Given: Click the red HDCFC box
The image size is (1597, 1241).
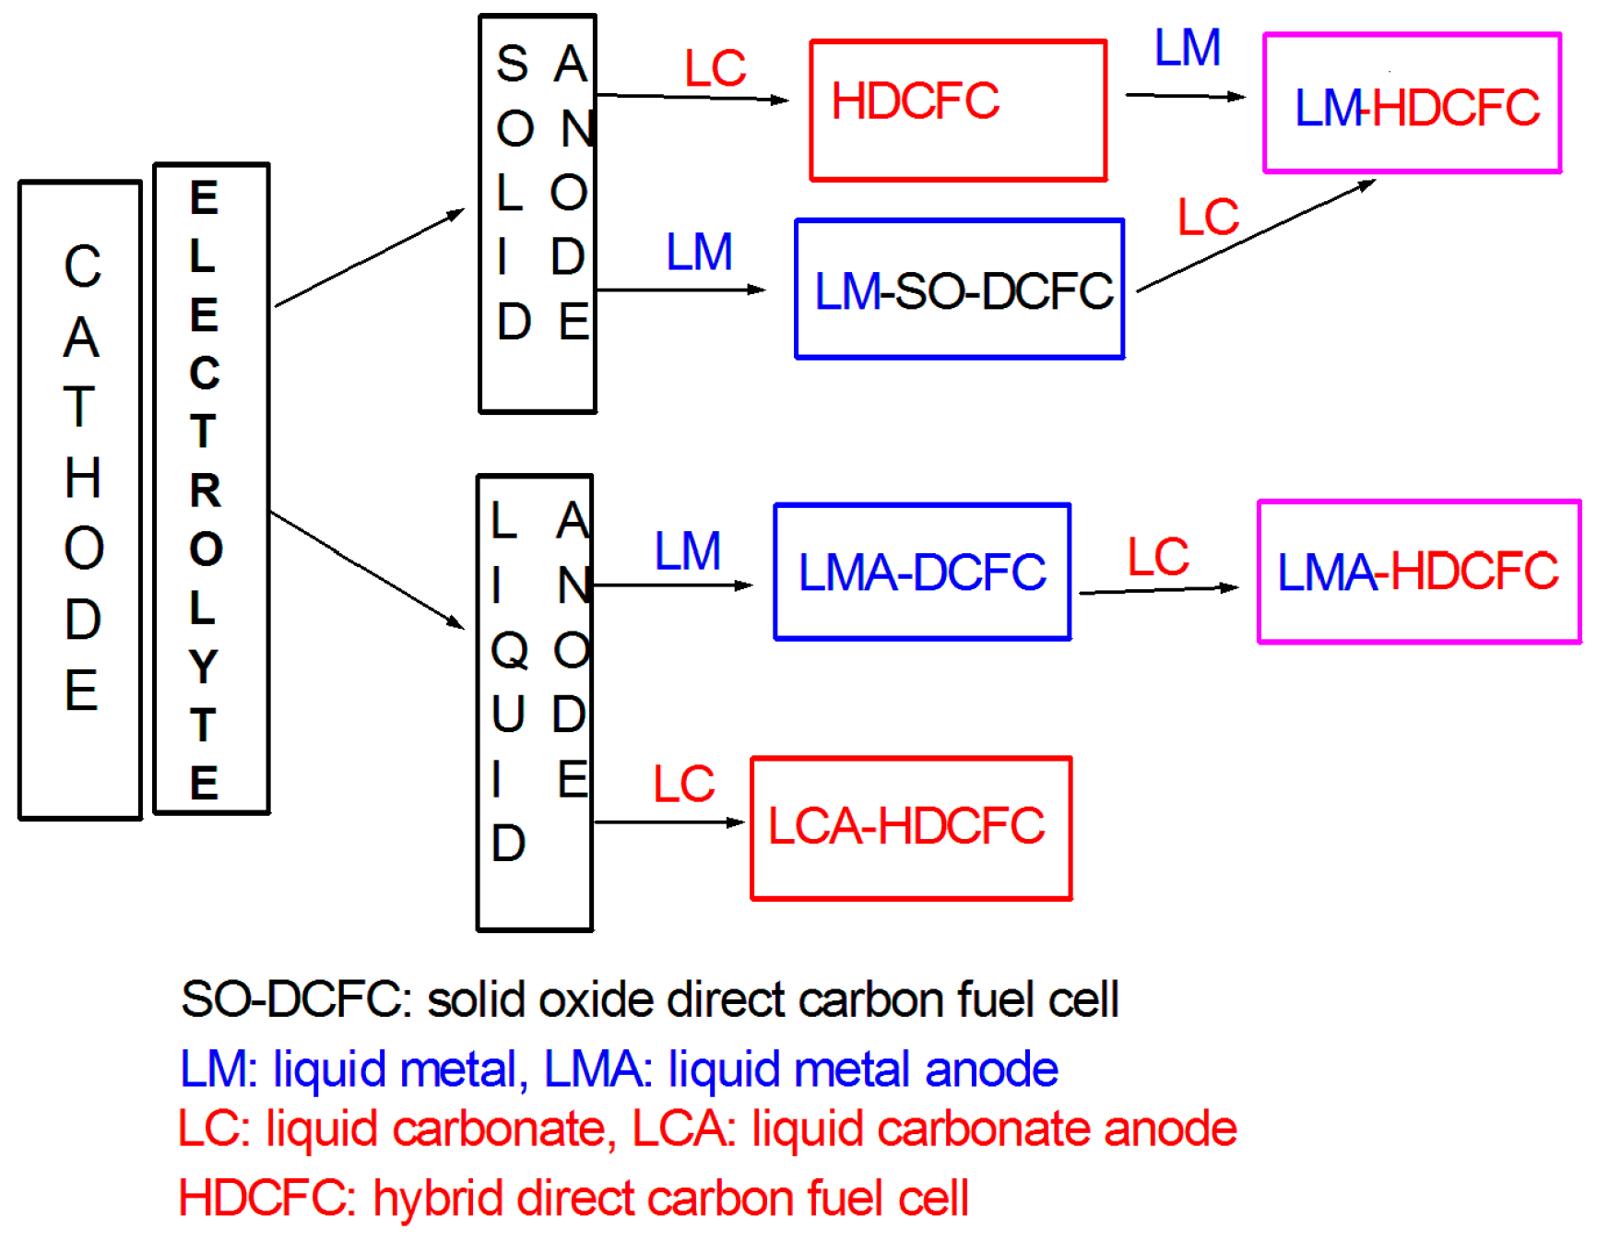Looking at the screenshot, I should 957,111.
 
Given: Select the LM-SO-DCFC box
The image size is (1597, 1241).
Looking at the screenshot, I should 959,290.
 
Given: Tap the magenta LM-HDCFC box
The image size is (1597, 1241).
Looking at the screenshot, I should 1411,103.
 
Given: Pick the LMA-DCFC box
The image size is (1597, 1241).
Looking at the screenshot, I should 921,572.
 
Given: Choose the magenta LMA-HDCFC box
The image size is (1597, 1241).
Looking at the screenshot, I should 1418,572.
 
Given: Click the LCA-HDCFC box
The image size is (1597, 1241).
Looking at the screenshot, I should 910,827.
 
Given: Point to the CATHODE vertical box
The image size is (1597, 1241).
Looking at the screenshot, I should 80,500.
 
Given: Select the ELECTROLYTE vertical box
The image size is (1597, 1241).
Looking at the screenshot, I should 211,489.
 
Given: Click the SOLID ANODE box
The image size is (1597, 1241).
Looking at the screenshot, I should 538,214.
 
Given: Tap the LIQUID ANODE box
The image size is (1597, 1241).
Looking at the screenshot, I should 534,703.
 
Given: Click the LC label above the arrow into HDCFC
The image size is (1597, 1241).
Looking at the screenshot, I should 715,68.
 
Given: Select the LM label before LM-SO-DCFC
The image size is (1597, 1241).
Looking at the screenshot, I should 699,253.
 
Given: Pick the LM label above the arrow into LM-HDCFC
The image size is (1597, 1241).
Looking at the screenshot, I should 1187,48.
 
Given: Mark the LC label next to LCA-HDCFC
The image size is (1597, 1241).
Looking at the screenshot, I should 683,785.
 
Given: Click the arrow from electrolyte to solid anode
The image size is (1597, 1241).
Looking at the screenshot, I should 369,258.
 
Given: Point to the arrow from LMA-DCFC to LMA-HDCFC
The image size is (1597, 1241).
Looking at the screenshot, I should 1158,590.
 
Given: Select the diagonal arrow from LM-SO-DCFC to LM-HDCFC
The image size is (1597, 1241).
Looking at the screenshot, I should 1256,236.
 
